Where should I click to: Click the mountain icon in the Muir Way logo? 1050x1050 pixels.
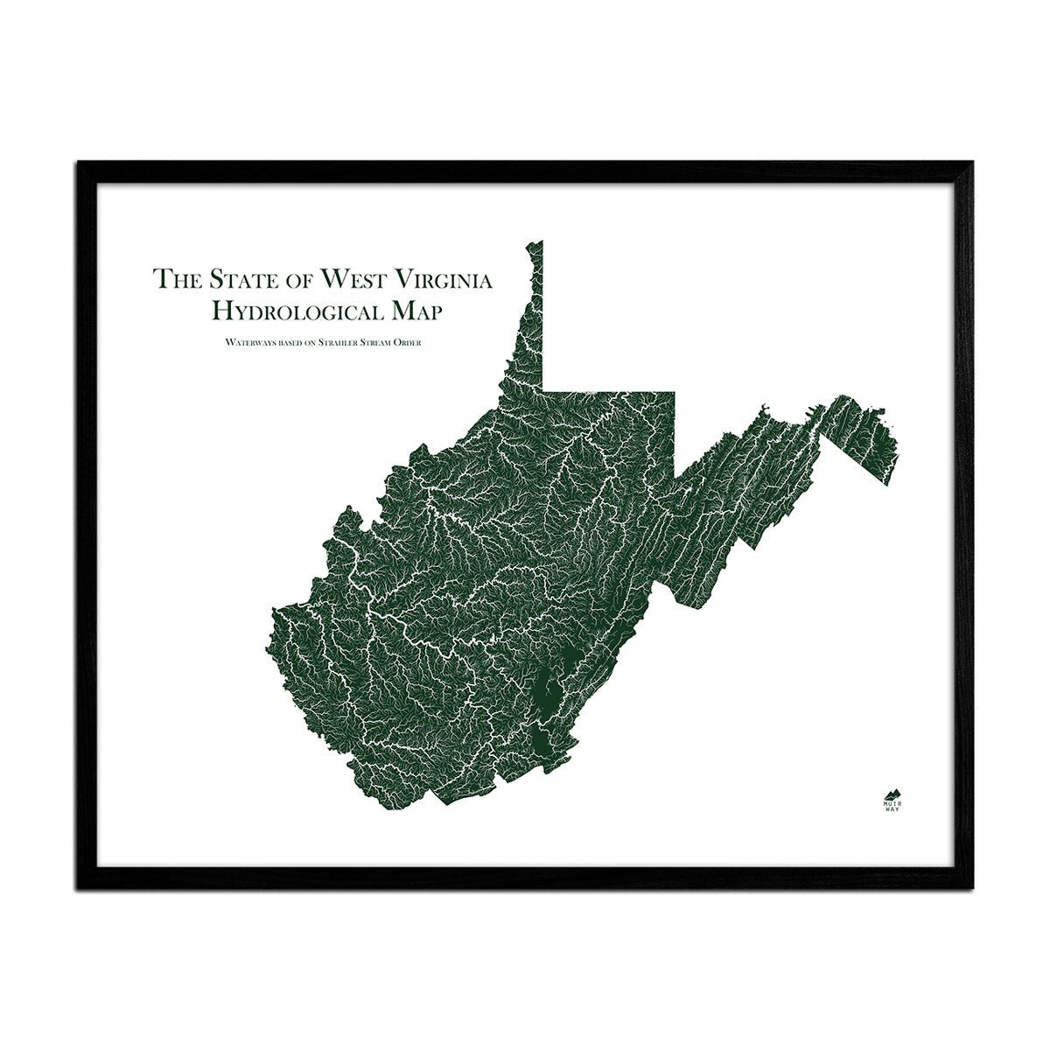coord(891,787)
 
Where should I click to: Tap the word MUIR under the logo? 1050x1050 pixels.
coord(891,799)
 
